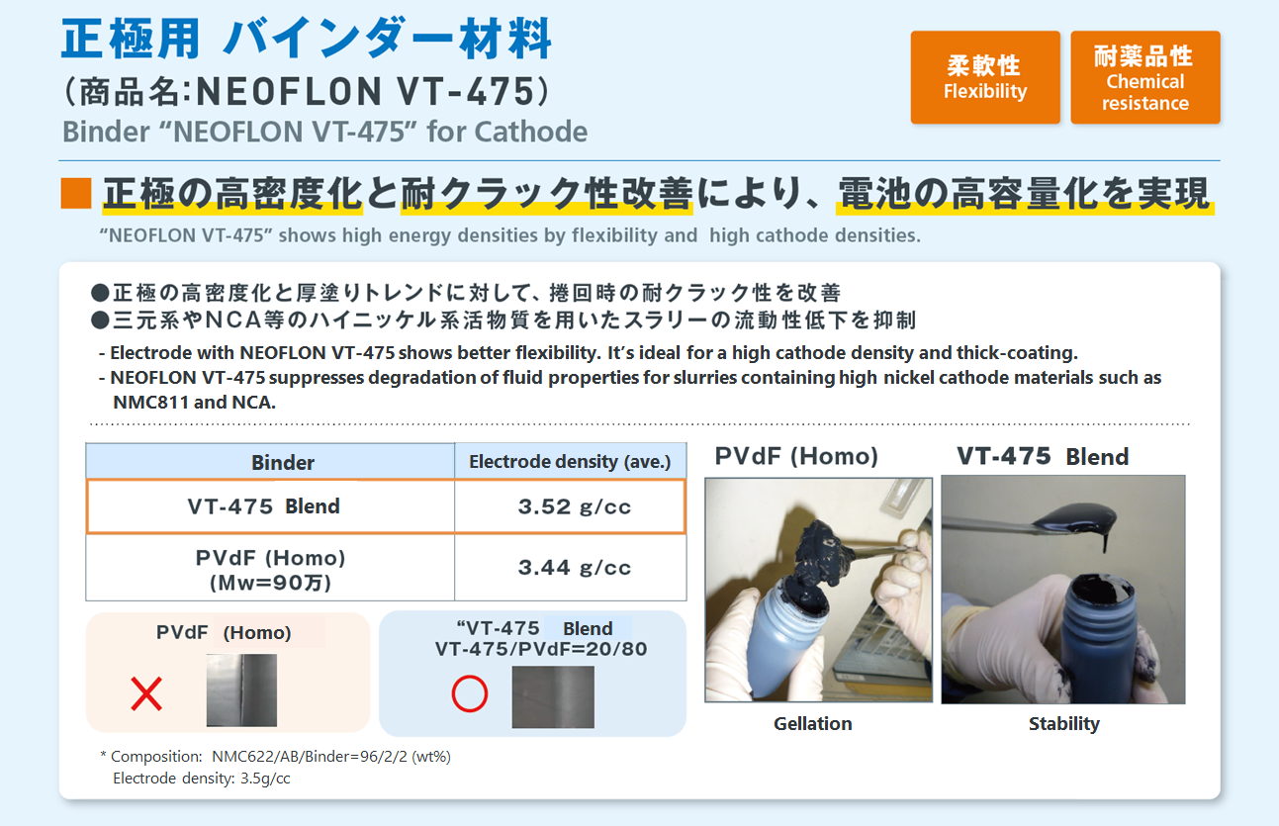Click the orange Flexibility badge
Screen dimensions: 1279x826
[985, 77]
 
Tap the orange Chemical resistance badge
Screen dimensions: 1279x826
[1145, 77]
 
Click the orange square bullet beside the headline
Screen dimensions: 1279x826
[76, 194]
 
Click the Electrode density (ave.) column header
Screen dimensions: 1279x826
[571, 461]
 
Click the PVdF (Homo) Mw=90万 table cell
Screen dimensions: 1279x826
[270, 568]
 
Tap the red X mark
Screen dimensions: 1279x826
[146, 693]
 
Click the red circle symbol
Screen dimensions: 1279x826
[469, 694]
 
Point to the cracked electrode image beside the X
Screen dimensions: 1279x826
[241, 690]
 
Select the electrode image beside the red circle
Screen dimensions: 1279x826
[553, 697]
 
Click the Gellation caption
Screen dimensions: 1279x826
[812, 724]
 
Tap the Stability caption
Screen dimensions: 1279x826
[1063, 724]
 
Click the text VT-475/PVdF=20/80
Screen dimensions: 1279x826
[541, 649]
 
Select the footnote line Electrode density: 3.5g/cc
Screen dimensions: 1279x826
[202, 779]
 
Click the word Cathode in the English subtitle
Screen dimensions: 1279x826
[530, 132]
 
